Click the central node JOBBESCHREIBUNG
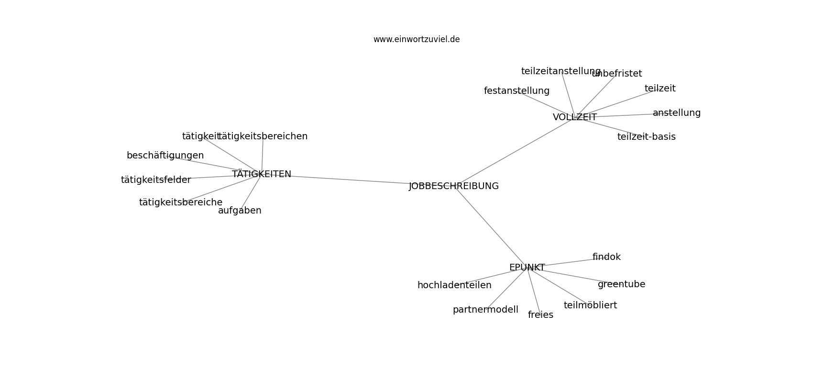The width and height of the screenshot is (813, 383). [x=454, y=186]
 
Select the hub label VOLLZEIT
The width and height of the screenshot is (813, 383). [x=574, y=117]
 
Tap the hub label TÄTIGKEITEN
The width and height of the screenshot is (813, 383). [x=261, y=174]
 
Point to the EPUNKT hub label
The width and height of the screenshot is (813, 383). [x=527, y=268]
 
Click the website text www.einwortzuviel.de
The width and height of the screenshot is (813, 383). [x=417, y=39]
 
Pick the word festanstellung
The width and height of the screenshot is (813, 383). [x=516, y=91]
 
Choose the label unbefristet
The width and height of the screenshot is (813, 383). [x=617, y=73]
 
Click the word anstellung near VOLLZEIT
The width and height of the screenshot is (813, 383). [x=677, y=113]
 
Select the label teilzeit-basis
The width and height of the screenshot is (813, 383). [x=647, y=136]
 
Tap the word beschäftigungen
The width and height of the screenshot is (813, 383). [x=165, y=156]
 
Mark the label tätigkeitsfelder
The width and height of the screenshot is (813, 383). [x=156, y=180]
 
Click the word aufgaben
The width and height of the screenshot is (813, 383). [x=240, y=211]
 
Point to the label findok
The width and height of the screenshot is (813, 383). [x=606, y=257]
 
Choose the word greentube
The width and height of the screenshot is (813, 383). [x=621, y=284]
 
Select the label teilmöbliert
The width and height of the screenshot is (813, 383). [x=590, y=305]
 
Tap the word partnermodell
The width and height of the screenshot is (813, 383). [x=485, y=310]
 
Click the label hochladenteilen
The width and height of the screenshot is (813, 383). [x=454, y=285]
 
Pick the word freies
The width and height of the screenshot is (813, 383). [x=540, y=315]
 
